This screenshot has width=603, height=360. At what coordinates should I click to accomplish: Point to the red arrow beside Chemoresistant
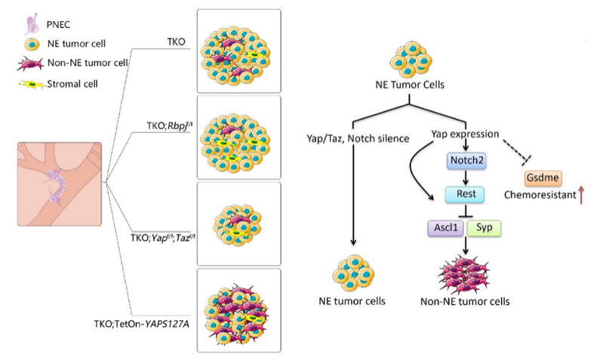pos(583,198)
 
